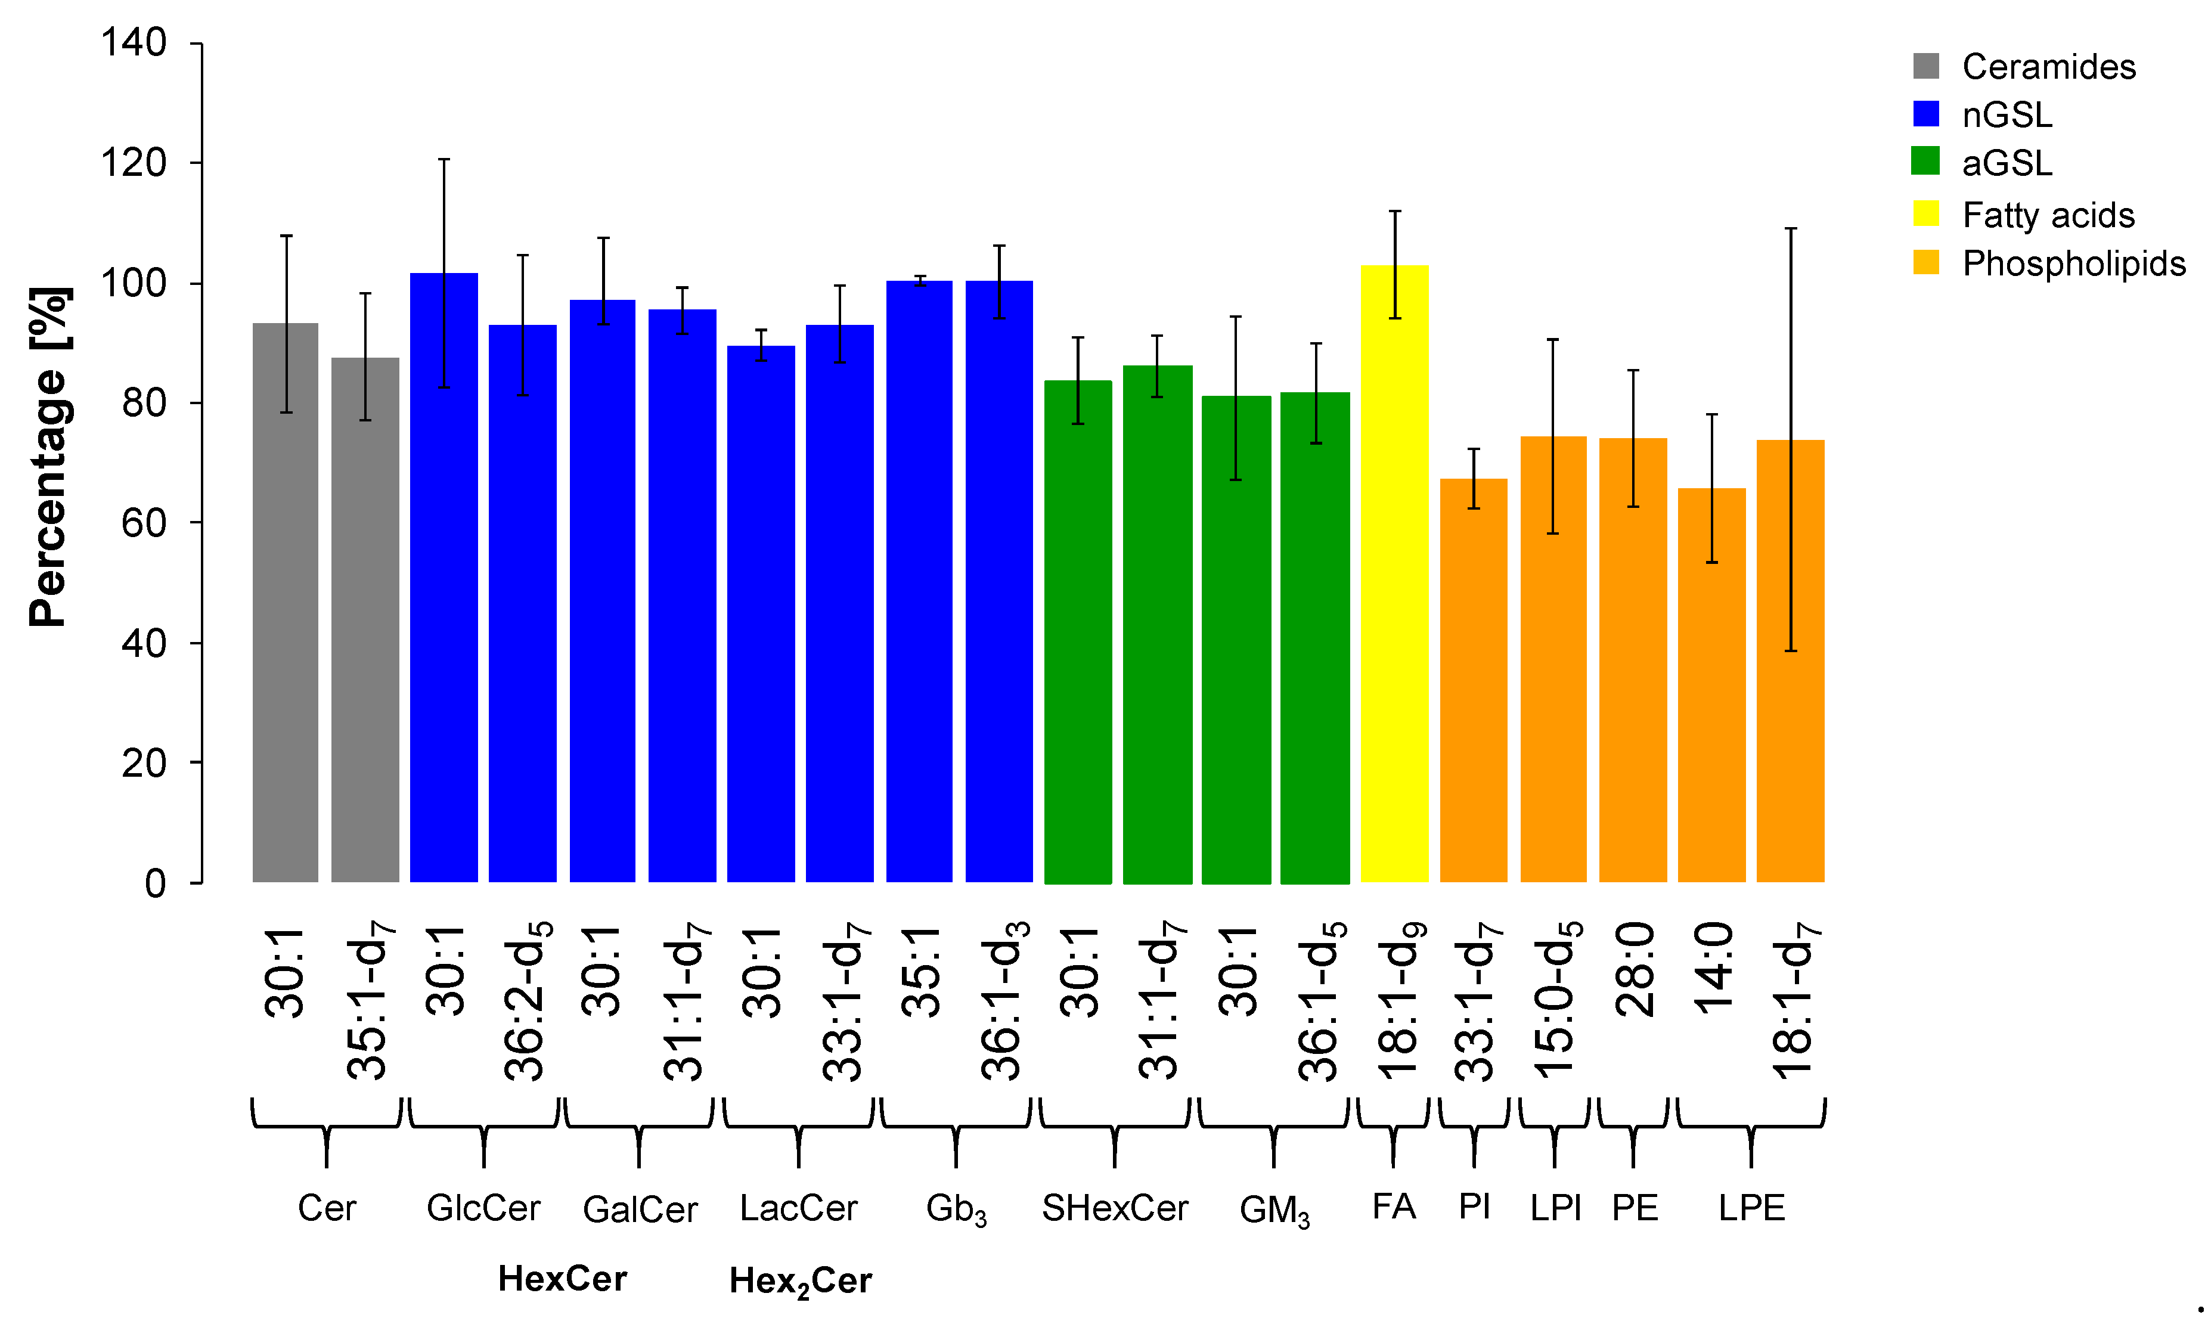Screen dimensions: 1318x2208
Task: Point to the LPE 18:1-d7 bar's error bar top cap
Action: (1791, 229)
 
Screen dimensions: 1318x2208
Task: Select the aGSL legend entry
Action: (2007, 163)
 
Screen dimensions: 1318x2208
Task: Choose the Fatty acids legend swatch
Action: (1925, 214)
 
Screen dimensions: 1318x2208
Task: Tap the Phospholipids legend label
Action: (2073, 263)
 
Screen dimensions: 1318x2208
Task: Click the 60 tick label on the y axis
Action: (144, 523)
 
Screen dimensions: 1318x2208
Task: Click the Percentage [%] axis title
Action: (49, 457)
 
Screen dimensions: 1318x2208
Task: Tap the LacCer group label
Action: (798, 1208)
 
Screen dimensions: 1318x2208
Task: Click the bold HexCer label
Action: (562, 1279)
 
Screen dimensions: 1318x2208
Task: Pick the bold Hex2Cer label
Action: (800, 1280)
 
